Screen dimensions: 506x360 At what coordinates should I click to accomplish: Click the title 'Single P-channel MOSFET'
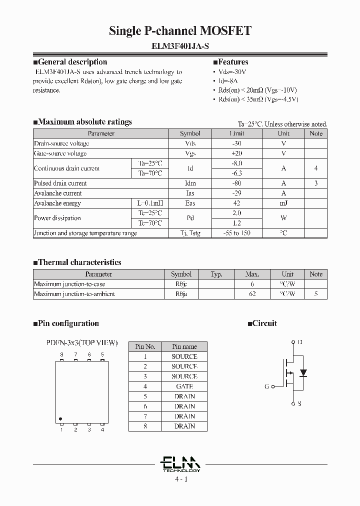[x=180, y=31]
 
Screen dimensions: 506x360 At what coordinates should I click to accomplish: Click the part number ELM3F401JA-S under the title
[x=180, y=46]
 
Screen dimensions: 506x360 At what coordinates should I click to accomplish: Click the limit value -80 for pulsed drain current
[x=236, y=183]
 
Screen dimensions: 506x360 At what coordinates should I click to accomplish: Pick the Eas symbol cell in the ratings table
[x=190, y=203]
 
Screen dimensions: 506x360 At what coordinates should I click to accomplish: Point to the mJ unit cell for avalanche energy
[x=283, y=203]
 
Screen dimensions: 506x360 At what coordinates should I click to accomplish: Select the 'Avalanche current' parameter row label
[x=58, y=193]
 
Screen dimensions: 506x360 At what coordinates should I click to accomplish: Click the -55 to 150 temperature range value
[x=236, y=233]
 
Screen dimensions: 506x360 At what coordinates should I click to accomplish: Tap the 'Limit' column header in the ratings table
[x=236, y=133]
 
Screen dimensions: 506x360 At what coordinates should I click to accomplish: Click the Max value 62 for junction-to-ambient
[x=252, y=294]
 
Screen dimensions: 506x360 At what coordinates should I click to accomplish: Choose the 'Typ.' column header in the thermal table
[x=216, y=274]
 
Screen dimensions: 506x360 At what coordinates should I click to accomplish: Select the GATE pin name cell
[x=184, y=386]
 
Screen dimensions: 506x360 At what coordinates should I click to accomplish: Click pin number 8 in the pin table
[x=145, y=426]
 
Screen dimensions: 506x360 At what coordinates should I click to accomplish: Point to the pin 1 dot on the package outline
[x=60, y=419]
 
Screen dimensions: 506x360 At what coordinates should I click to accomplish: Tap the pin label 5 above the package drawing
[x=102, y=355]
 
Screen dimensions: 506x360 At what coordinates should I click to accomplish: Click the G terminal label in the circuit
[x=266, y=386]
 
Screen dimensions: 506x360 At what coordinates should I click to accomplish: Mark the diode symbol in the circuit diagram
[x=302, y=373]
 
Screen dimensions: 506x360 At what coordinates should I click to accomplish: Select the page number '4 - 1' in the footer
[x=181, y=479]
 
